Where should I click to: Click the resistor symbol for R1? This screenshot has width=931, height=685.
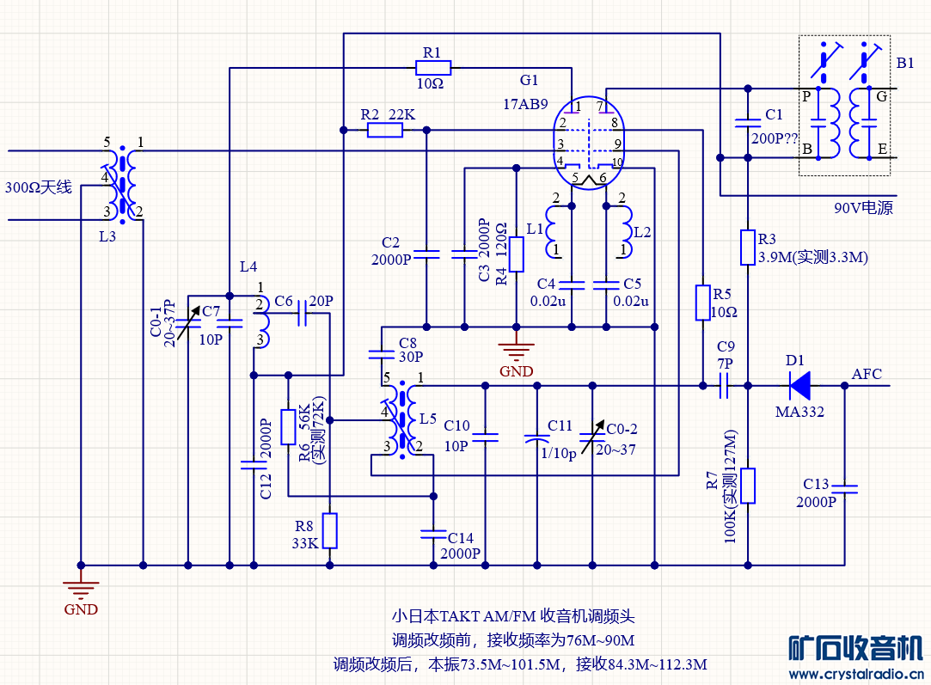[x=432, y=67]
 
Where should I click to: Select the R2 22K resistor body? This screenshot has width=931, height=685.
[x=384, y=130]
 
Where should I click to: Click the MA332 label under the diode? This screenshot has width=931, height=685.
[x=799, y=412]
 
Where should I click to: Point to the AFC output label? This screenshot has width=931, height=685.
[x=867, y=374]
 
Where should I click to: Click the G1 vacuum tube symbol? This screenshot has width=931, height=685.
[x=589, y=143]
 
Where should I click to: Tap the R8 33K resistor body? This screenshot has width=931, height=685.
[x=329, y=530]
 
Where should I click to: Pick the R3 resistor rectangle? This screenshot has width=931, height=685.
[x=748, y=248]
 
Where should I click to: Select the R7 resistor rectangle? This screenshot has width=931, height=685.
[x=748, y=486]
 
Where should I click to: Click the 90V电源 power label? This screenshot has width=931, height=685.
[x=863, y=208]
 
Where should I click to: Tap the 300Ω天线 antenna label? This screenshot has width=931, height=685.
[x=39, y=187]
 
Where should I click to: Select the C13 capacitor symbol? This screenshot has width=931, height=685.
[x=844, y=488]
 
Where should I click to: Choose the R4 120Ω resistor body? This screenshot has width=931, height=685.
[x=516, y=254]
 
